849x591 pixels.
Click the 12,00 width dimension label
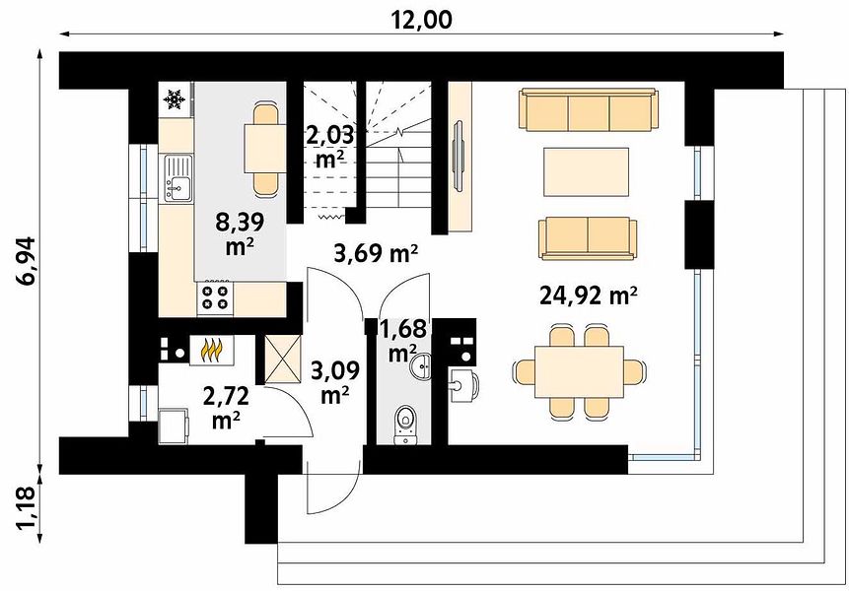pos(421,20)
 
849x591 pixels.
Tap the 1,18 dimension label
pos(26,508)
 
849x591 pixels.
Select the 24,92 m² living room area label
pos(588,295)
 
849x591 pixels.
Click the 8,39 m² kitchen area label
pos(240,233)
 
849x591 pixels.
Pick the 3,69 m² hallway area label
pos(376,252)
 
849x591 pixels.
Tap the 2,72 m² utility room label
pos(226,408)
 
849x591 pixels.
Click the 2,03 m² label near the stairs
pos(329,146)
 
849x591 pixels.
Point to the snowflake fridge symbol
pos(175,98)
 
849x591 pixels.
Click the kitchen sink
pos(177,177)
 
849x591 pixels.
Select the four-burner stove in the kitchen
pos(215,297)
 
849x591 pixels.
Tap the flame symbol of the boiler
pos(212,350)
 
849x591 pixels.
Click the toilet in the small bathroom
pos(404,424)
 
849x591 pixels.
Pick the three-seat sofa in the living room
pos(589,109)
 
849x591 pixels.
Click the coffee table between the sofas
pos(586,172)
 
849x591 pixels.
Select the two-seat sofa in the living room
pos(588,238)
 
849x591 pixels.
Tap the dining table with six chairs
pos(579,371)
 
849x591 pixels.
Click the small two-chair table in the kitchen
pos(265,148)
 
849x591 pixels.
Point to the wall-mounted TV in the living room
pos(459,156)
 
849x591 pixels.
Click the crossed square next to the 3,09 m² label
pos(283,360)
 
